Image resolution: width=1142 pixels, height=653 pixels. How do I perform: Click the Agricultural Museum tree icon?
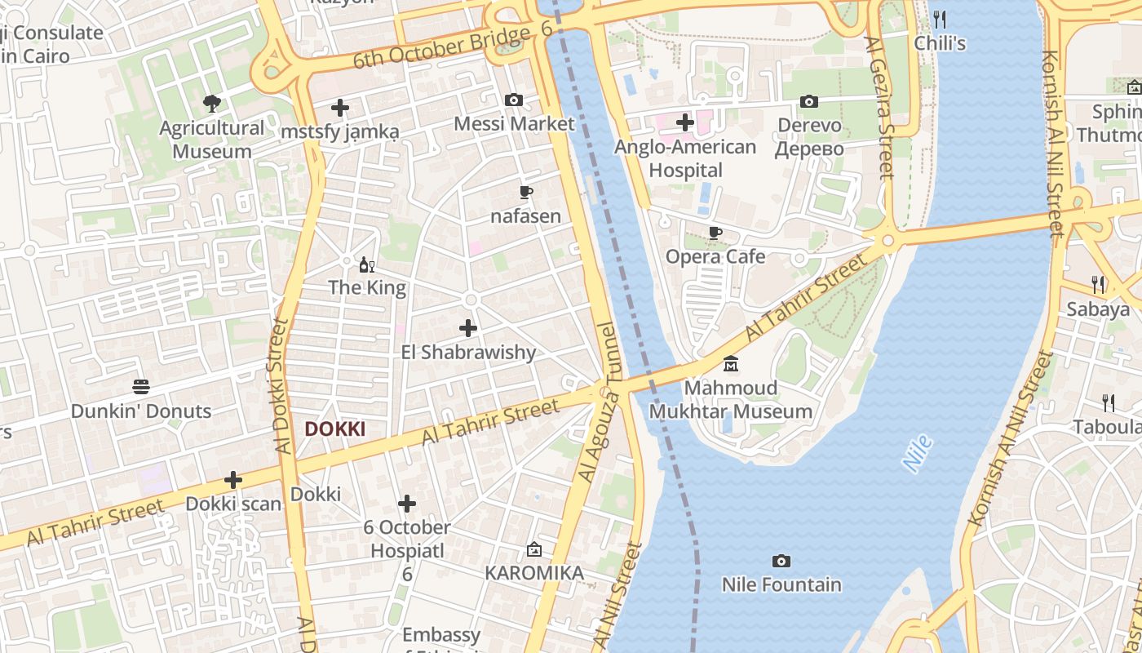[x=212, y=104]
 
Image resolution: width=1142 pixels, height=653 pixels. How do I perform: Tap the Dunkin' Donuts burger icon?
[x=141, y=387]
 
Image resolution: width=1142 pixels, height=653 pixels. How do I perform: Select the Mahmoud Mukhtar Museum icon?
[x=731, y=363]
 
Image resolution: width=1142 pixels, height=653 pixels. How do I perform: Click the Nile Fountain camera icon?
[x=781, y=561]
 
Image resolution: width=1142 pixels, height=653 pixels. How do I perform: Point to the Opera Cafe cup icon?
[x=715, y=233]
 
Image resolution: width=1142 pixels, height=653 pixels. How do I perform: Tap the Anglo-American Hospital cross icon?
[x=685, y=122]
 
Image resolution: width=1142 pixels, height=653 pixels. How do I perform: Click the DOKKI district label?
[x=334, y=429]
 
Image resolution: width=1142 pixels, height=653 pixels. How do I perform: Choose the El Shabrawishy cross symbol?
[x=468, y=328]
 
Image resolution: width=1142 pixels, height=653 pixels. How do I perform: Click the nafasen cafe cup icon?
[x=526, y=193]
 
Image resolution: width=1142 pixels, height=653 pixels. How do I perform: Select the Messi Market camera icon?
[x=514, y=100]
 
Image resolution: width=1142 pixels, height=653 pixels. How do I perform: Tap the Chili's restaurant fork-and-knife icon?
[x=940, y=19]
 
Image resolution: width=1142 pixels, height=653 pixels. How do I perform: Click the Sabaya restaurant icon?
[x=1099, y=285]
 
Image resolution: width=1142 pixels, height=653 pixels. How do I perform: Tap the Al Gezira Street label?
[x=879, y=106]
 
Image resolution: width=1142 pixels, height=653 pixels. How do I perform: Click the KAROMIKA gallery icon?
[x=534, y=549]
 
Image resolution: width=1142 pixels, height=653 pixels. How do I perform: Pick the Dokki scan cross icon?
[x=233, y=480]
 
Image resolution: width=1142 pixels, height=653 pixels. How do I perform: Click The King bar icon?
[x=367, y=264]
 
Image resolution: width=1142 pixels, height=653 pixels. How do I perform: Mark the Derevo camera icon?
[x=809, y=102]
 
